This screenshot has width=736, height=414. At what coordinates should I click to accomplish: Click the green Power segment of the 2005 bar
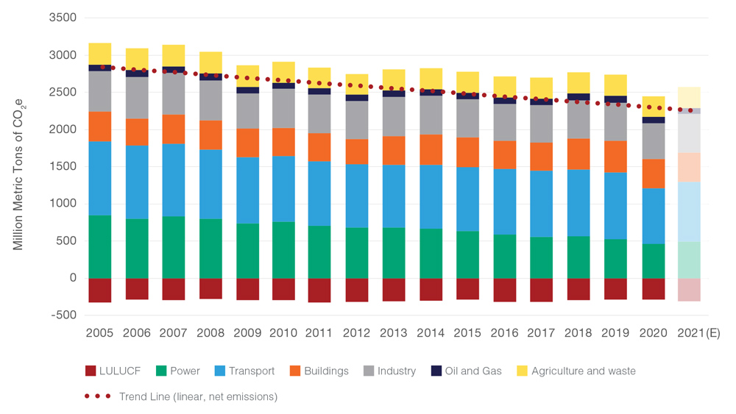tap(99, 246)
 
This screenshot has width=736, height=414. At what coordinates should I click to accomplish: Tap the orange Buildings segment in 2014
tap(431, 149)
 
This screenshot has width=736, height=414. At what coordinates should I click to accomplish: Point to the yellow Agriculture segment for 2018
tap(578, 82)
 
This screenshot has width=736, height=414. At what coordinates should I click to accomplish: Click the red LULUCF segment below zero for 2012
tap(357, 290)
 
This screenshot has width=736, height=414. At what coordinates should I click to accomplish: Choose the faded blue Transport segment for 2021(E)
tap(688, 212)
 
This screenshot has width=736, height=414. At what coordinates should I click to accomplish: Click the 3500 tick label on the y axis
tap(62, 17)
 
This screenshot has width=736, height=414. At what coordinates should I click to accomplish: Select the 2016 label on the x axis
tap(504, 333)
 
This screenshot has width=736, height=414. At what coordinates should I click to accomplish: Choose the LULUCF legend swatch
tap(91, 371)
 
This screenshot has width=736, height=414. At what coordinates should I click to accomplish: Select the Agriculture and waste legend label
tap(583, 371)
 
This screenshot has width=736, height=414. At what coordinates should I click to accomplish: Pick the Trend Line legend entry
tap(197, 396)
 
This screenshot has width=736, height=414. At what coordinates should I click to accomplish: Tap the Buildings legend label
tap(325, 371)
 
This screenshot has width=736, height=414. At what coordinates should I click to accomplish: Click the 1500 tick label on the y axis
tap(62, 166)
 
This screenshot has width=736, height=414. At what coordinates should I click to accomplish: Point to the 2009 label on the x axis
tap(247, 333)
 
